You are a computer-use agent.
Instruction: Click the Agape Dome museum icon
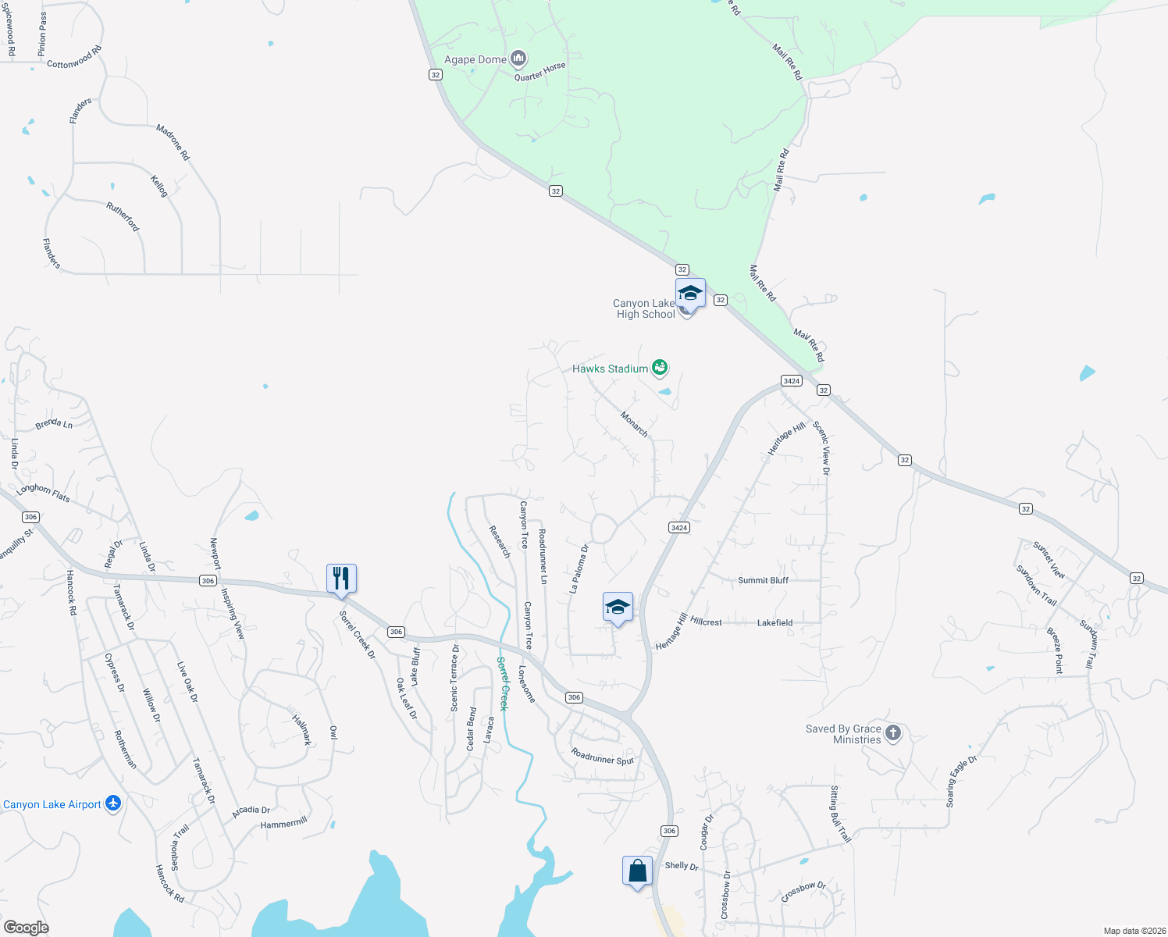[x=518, y=59]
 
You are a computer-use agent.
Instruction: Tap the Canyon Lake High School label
[x=644, y=309]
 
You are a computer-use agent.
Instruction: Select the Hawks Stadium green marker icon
[x=660, y=367]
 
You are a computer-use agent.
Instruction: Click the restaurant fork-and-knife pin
[x=341, y=579]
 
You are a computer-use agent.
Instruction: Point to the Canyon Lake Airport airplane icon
[x=113, y=803]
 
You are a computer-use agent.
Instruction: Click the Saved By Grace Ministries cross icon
[x=893, y=733]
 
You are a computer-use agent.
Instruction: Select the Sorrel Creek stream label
[x=503, y=683]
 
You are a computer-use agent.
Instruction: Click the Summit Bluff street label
[x=763, y=580]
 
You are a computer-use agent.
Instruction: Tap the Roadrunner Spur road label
[x=603, y=756]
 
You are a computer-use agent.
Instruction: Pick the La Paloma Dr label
[x=579, y=568]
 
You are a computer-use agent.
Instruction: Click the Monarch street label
[x=634, y=423]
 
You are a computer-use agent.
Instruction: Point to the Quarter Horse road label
[x=539, y=72]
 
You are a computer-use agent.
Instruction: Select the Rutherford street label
[x=123, y=216]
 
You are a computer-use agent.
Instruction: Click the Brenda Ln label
[x=54, y=423]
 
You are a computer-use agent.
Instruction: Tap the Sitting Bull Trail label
[x=839, y=814]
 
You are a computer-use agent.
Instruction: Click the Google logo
[x=26, y=927]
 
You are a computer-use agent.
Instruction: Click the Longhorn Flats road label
[x=43, y=493]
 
